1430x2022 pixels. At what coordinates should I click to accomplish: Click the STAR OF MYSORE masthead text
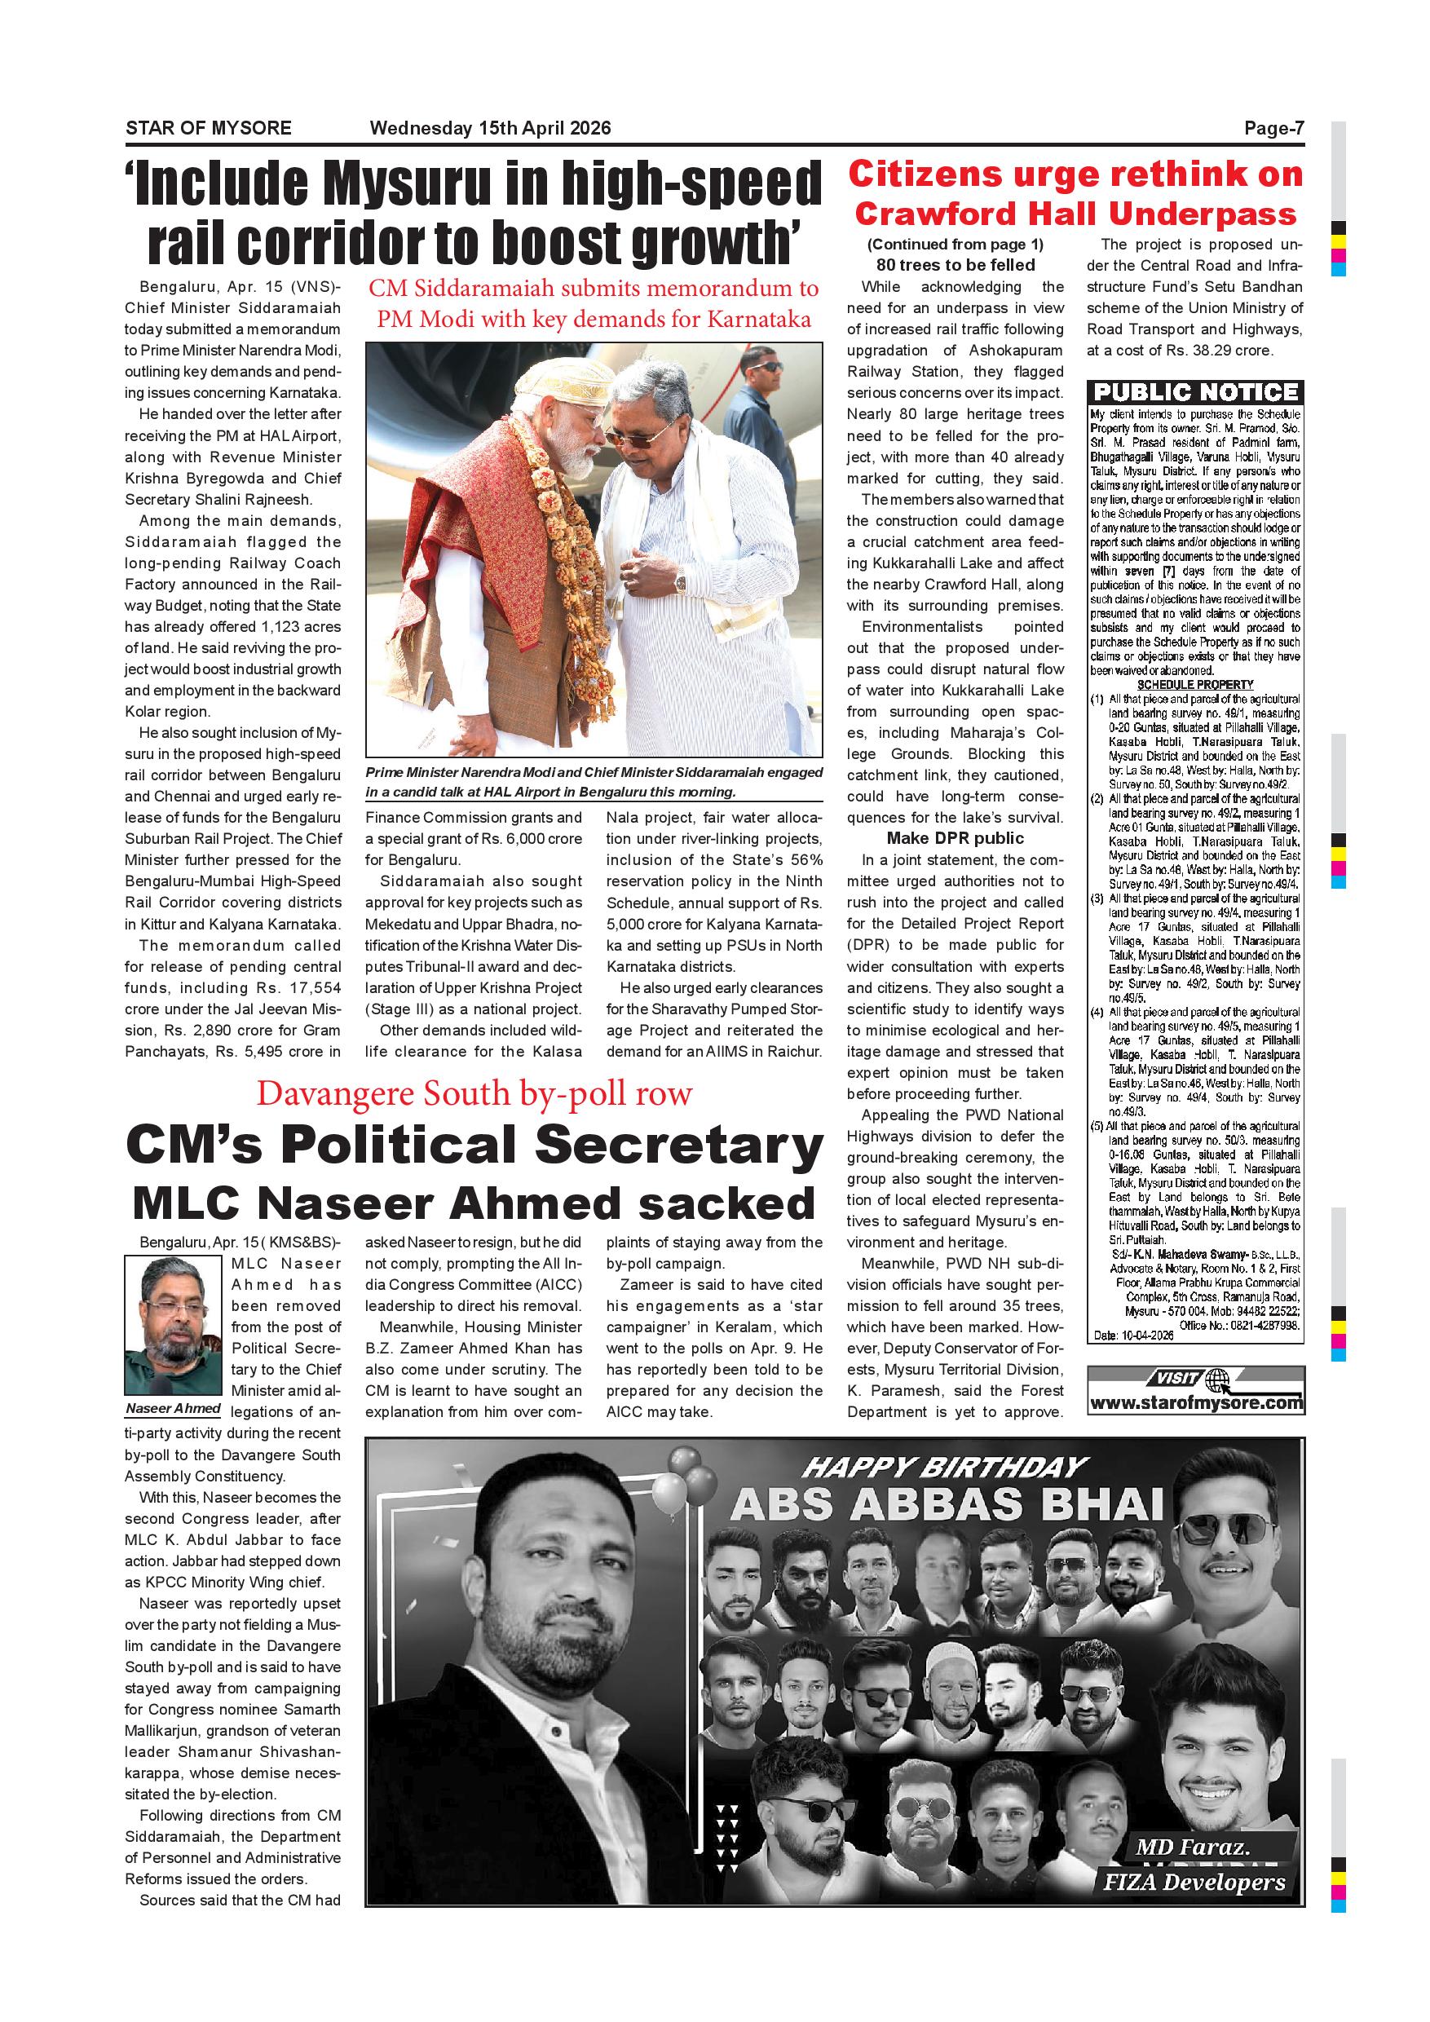pyautogui.click(x=208, y=129)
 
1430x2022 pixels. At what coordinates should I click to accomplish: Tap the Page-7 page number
pyautogui.click(x=1273, y=129)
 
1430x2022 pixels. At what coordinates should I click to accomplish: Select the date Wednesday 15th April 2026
pyautogui.click(x=491, y=129)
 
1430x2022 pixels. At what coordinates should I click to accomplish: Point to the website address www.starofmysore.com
pyautogui.click(x=1196, y=1403)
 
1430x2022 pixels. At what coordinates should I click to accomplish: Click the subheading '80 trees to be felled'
pyautogui.click(x=956, y=265)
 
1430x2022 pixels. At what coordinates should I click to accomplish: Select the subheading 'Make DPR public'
pyautogui.click(x=956, y=837)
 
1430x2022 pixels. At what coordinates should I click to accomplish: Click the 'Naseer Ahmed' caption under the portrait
pyautogui.click(x=173, y=1408)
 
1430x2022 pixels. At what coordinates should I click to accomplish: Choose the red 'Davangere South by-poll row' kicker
pyautogui.click(x=474, y=1094)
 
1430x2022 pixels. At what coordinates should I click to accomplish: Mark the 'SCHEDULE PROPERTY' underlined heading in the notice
pyautogui.click(x=1195, y=684)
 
